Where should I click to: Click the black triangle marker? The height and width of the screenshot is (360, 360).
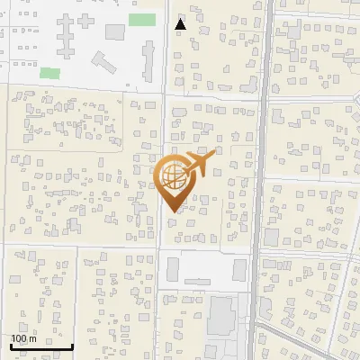pyautogui.click(x=181, y=24)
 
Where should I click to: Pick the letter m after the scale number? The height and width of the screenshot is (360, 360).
pyautogui.click(x=32, y=338)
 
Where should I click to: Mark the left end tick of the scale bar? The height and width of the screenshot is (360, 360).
pyautogui.click(x=11, y=346)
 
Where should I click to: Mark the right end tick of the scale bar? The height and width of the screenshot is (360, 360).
pyautogui.click(x=73, y=346)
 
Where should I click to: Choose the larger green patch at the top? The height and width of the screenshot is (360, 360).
pyautogui.click(x=140, y=20)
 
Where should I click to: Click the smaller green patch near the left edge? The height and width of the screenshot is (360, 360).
pyautogui.click(x=49, y=72)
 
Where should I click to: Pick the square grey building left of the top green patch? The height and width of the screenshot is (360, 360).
pyautogui.click(x=114, y=32)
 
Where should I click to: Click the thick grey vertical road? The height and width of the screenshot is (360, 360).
pyautogui.click(x=259, y=180)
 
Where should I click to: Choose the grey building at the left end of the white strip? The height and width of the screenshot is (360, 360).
pyautogui.click(x=172, y=269)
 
